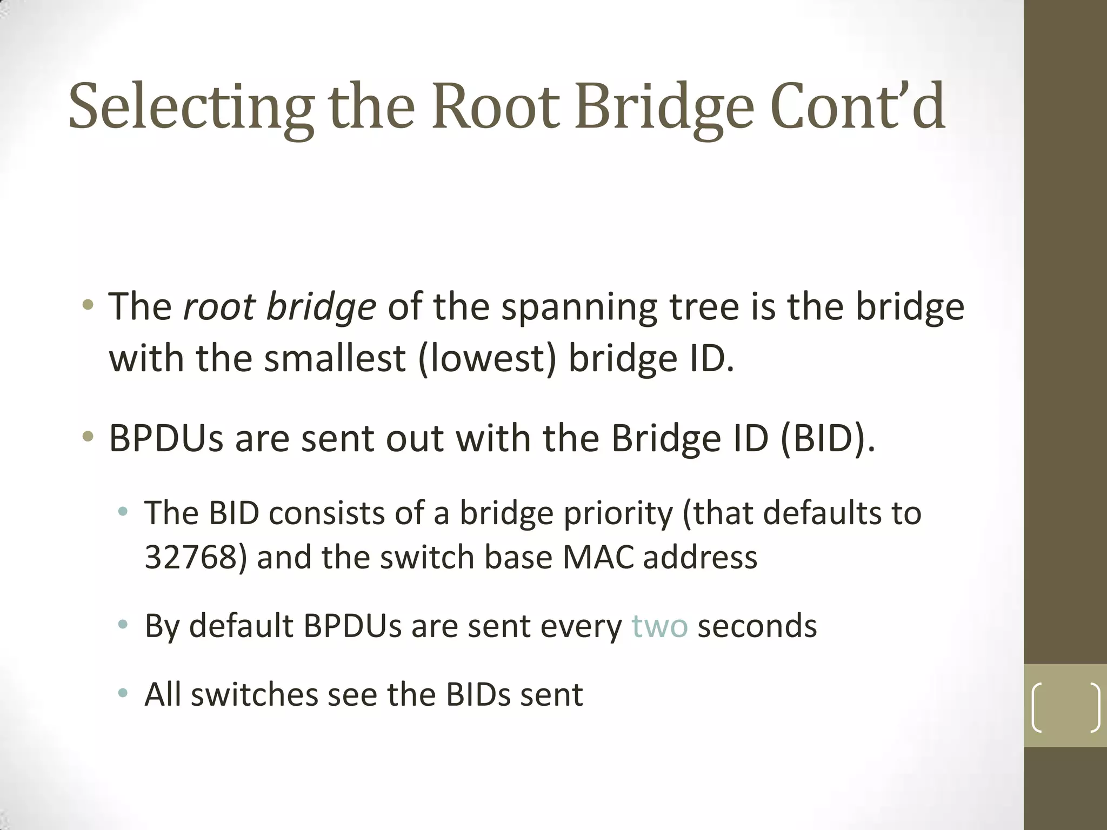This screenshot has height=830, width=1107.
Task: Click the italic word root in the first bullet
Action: coord(218,307)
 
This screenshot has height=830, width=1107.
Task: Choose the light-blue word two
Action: coord(659,626)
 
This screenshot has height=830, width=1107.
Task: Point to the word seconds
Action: coord(757,626)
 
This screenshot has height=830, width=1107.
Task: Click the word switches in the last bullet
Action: coord(254,695)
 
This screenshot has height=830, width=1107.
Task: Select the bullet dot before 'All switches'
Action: coord(123,693)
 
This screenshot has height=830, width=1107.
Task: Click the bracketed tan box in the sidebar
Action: coord(1065,706)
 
